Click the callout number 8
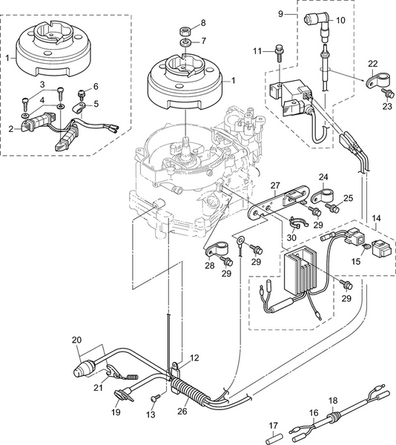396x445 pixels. coord(203,23)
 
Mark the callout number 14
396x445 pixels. coord(376,219)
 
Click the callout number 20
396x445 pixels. coord(76,339)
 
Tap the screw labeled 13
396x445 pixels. coord(156,398)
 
